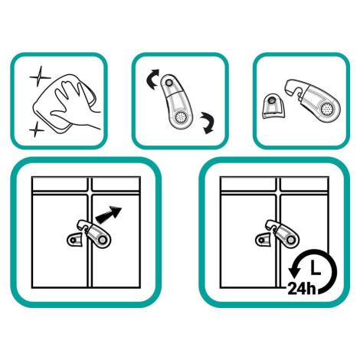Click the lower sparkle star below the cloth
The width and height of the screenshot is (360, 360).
coord(37,129)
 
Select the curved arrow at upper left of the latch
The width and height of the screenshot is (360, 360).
coord(152,79)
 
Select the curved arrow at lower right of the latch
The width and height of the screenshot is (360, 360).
coord(208,123)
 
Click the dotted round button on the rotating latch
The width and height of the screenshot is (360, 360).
coord(181,117)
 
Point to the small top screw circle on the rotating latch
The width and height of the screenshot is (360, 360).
coord(169,83)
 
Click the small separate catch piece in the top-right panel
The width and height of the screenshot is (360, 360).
coord(273,106)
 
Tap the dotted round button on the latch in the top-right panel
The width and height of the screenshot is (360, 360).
coord(327,109)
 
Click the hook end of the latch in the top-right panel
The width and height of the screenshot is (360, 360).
coord(293,88)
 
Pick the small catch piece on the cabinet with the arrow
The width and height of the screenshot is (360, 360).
coord(75,240)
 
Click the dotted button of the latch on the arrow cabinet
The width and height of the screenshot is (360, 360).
coord(103,240)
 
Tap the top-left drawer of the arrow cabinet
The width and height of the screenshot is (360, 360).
coord(61,185)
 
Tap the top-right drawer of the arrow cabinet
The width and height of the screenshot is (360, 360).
coord(116,185)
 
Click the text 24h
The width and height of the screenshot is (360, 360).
coord(302,289)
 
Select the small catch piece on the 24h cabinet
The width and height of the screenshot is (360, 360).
coord(263,240)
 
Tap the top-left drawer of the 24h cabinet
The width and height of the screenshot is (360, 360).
coord(248,185)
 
